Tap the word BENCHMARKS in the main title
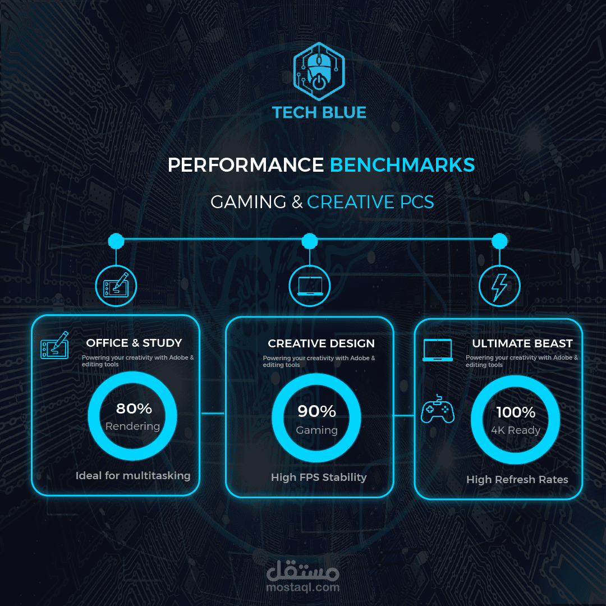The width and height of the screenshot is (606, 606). [x=402, y=165]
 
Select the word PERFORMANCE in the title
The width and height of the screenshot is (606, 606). [x=246, y=165]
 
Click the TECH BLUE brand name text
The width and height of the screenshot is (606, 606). [x=319, y=112]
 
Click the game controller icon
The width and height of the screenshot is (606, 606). [x=438, y=411]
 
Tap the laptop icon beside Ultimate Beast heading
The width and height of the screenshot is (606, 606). [x=438, y=350]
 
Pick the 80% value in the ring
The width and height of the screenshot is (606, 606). [x=134, y=408]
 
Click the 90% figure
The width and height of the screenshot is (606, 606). [x=316, y=411]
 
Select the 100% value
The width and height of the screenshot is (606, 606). [x=516, y=412]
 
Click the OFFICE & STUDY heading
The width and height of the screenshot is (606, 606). [x=134, y=343]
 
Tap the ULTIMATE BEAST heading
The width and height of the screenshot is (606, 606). [x=522, y=343]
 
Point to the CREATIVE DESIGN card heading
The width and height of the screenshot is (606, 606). [x=321, y=343]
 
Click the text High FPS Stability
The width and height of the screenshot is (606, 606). [x=319, y=478]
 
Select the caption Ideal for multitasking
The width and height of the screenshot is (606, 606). [x=133, y=476]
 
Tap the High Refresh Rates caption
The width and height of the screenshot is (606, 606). [x=517, y=480]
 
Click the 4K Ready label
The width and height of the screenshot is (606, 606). [x=516, y=430]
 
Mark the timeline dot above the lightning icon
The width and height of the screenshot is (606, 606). [x=499, y=241]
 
